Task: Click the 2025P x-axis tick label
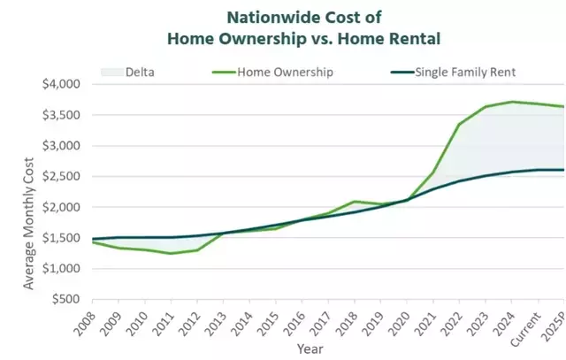(x=557, y=324)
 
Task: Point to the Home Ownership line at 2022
(x=461, y=124)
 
